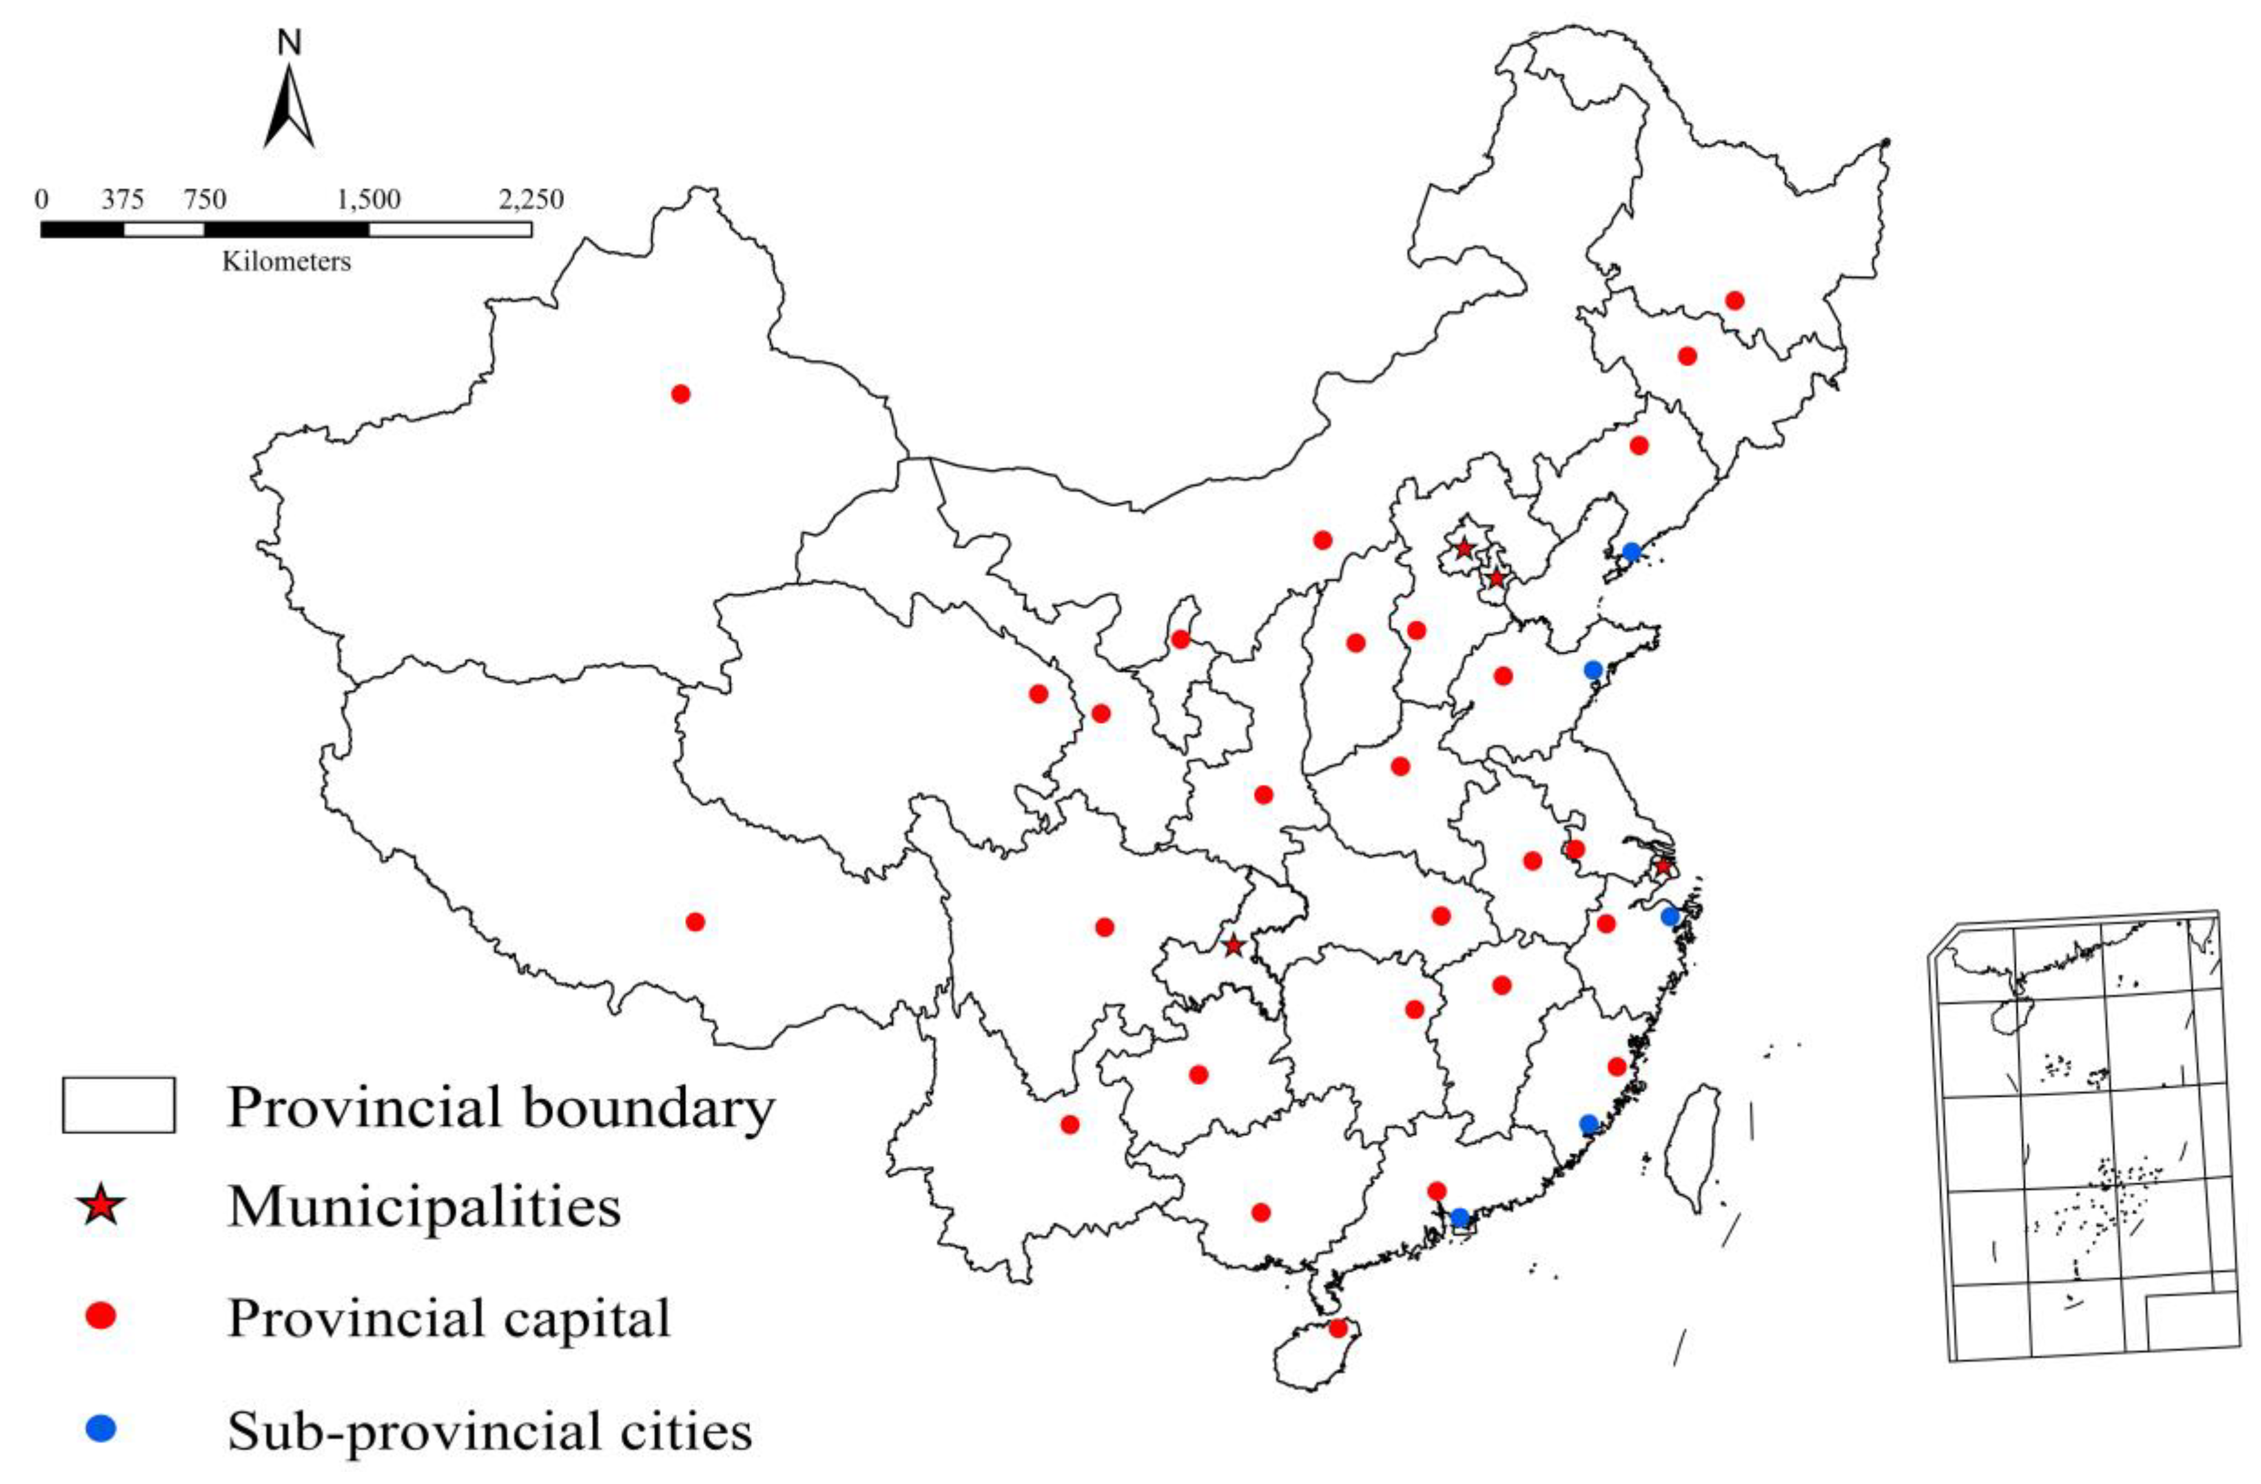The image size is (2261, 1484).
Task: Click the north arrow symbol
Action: pos(289,109)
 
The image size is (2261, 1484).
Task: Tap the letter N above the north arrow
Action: pos(290,42)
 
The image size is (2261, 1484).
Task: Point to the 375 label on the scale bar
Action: pos(123,200)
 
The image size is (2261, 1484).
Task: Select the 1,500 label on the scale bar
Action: pos(369,200)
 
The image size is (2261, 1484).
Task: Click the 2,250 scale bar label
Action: pos(531,200)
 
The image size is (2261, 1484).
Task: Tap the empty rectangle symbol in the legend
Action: pos(119,1105)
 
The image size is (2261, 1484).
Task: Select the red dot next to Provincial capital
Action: pos(101,1316)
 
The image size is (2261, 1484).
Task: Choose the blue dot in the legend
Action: pos(101,1429)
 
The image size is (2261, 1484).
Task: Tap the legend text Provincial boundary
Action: pos(500,1108)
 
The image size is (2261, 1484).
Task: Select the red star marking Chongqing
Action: pos(1232,946)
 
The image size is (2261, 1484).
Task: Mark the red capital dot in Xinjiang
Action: pos(680,393)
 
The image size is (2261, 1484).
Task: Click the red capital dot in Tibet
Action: pos(694,922)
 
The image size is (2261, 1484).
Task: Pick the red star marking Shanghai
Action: pos(1662,866)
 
